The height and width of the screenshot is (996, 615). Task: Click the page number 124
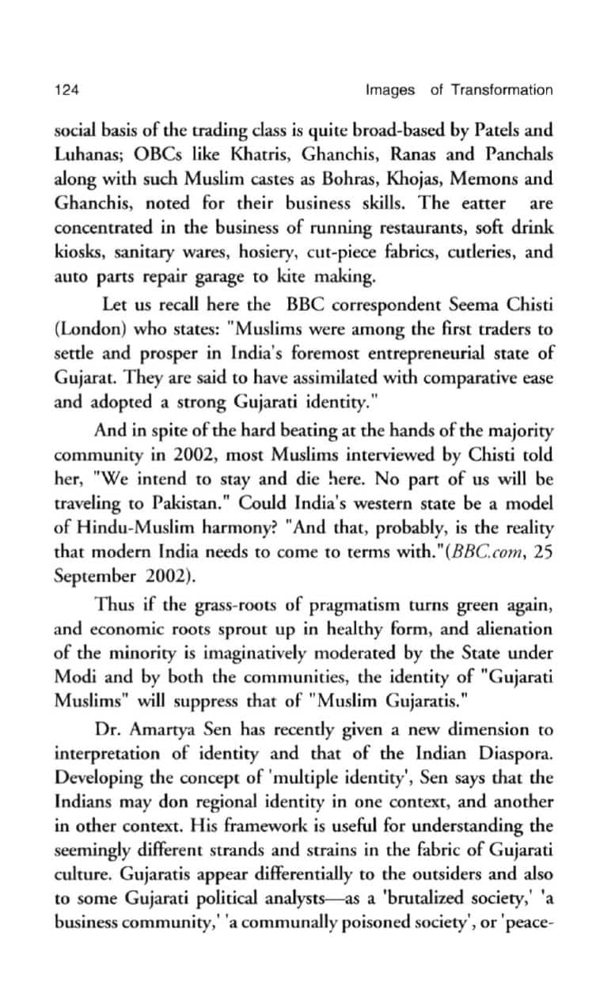pyautogui.click(x=65, y=90)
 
